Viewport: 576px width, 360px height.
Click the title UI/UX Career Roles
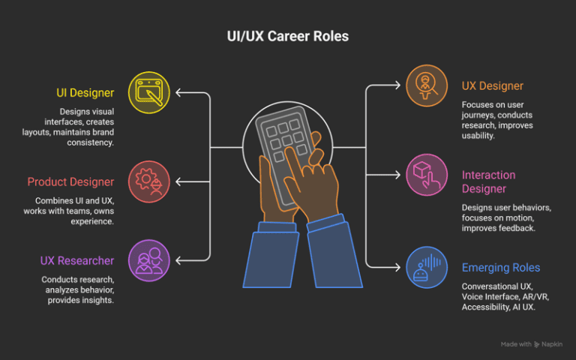point(288,36)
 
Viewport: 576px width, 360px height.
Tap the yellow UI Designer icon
point(149,92)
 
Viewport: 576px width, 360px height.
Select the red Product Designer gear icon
point(149,181)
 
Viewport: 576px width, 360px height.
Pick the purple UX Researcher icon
point(149,260)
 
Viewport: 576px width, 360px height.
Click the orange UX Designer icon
point(427,85)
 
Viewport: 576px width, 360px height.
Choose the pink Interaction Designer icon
point(427,175)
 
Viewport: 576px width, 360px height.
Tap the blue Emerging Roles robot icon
point(427,267)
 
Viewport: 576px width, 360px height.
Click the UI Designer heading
point(85,93)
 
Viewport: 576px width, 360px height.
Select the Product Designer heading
point(71,181)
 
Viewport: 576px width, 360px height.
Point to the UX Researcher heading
point(77,261)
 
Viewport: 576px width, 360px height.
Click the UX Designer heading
point(492,86)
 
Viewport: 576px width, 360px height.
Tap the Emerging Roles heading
point(501,268)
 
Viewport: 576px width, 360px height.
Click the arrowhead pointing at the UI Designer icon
point(178,92)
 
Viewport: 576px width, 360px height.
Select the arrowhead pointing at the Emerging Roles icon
point(397,267)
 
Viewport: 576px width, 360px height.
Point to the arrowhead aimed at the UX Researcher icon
point(178,260)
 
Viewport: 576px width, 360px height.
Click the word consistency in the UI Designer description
point(90,142)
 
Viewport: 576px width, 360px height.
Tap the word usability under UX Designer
point(478,136)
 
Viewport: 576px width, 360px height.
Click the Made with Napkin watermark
point(531,344)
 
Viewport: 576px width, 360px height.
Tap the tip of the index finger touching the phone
point(289,150)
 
